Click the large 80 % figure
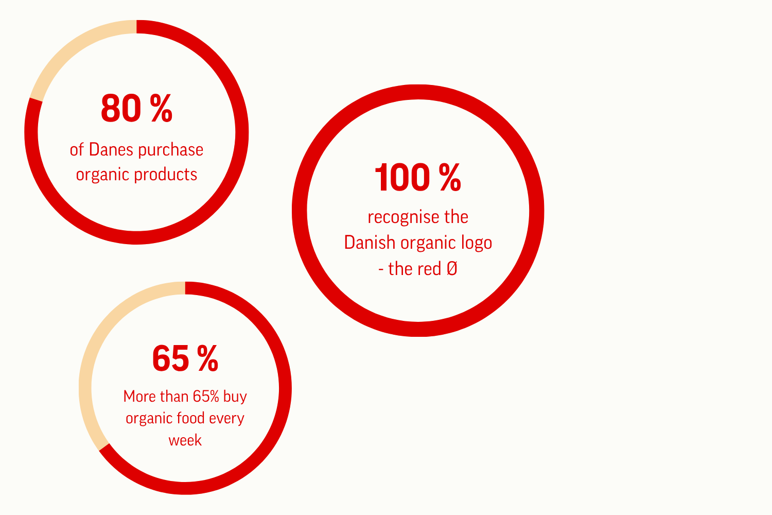tap(136, 108)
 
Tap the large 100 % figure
tap(418, 177)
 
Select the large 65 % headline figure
tap(185, 358)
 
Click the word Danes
tap(111, 150)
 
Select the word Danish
tap(370, 243)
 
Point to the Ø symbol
tap(452, 269)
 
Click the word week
tap(185, 440)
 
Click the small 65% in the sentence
tap(206, 397)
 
